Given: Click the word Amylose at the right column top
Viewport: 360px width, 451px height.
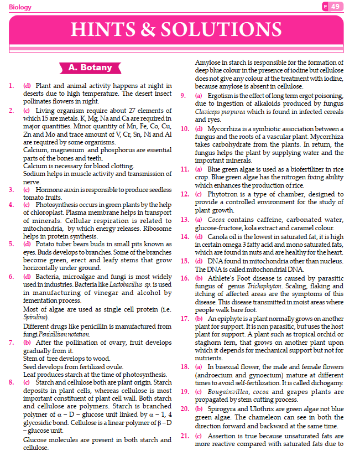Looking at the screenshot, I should click(208, 63).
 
